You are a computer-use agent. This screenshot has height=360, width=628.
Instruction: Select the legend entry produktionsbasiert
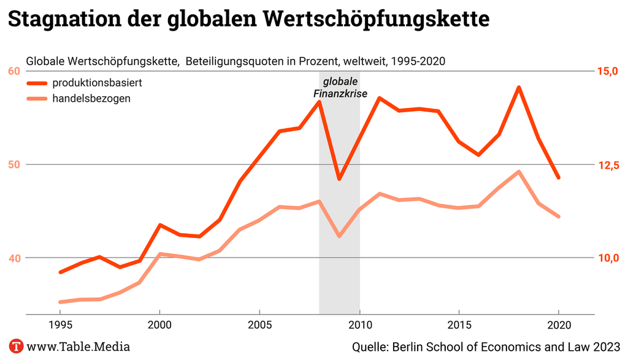98,83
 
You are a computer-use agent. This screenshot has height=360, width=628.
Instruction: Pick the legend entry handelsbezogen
91,98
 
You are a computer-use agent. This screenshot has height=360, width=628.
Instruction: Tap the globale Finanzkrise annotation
340,88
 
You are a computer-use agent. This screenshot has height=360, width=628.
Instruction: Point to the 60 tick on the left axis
14,71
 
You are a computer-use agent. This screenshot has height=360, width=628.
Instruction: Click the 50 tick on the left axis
14,164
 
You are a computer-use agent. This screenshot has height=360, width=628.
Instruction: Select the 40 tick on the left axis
14,258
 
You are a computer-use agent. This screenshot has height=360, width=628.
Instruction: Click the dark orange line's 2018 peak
519,87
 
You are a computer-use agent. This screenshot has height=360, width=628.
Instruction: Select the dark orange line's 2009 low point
339,179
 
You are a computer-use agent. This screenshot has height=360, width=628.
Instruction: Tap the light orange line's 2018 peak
519,172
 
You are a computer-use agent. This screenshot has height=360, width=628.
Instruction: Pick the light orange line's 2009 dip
339,236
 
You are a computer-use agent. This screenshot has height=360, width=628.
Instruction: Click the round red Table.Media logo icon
16,347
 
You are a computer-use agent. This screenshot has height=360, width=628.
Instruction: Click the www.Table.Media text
78,347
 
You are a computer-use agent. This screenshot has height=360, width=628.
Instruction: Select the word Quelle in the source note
370,347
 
